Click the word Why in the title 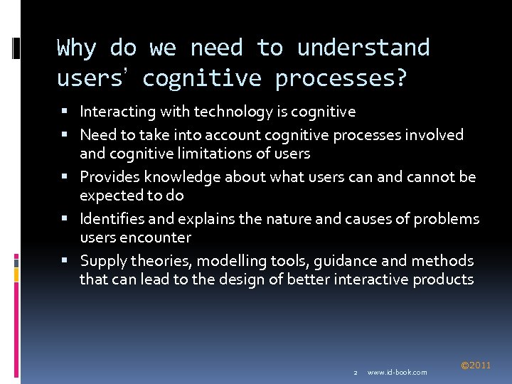tap(76, 48)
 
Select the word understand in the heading tap(363, 48)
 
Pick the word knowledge tap(174, 176)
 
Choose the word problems tap(447, 218)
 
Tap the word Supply tap(102, 261)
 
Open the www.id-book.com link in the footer tap(397, 372)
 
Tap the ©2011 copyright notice tap(476, 366)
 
